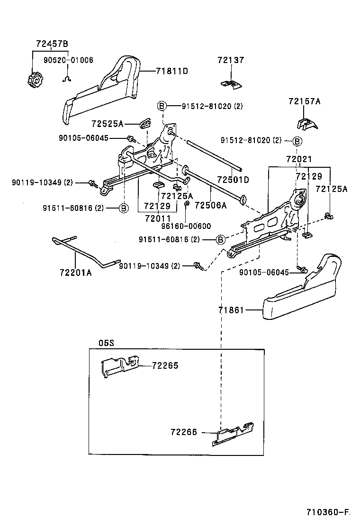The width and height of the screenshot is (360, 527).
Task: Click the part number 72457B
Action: click(52, 44)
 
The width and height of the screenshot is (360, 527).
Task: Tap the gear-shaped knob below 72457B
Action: click(34, 80)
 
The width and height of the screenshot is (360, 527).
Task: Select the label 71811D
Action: click(172, 71)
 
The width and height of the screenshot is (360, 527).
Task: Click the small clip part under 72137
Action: click(231, 84)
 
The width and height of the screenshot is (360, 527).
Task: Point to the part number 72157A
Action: click(304, 101)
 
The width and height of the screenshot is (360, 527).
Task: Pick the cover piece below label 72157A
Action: click(306, 123)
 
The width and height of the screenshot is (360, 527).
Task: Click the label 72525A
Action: click(107, 124)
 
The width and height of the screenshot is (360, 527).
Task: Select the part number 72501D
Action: click(233, 180)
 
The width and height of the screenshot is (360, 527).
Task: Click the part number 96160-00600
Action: click(186, 226)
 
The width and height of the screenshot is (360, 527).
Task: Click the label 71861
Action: click(231, 310)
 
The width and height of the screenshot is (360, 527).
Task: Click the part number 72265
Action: click(165, 365)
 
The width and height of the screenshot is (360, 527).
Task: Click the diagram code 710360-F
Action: click(327, 512)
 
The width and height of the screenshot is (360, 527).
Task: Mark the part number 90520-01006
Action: click(68, 60)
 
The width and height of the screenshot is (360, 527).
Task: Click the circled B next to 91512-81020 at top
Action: click(162, 106)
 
